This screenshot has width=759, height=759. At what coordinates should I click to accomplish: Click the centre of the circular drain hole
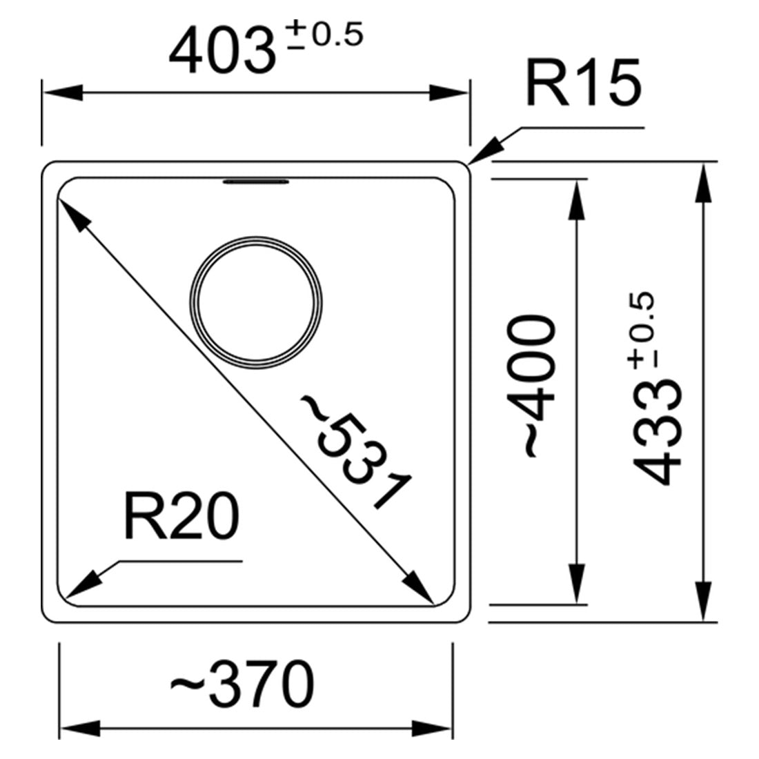tap(256, 303)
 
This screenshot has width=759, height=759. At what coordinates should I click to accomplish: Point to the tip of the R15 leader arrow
tap(469, 166)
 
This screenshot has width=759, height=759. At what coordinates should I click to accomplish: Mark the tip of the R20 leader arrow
tap(65, 599)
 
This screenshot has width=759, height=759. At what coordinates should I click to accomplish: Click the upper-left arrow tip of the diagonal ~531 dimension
tap(58, 199)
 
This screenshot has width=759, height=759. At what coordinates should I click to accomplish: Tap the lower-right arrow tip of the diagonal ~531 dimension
tap(434, 604)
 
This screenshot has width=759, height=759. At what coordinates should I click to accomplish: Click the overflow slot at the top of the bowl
tap(256, 182)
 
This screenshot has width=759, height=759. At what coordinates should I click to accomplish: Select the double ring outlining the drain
tap(256, 303)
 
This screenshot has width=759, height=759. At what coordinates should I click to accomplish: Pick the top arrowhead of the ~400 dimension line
tap(577, 199)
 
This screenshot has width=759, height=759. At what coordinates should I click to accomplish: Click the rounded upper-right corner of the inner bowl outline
tap(446, 188)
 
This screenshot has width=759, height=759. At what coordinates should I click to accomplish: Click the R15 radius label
tap(584, 82)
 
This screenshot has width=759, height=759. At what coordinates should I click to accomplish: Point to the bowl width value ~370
tap(242, 684)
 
